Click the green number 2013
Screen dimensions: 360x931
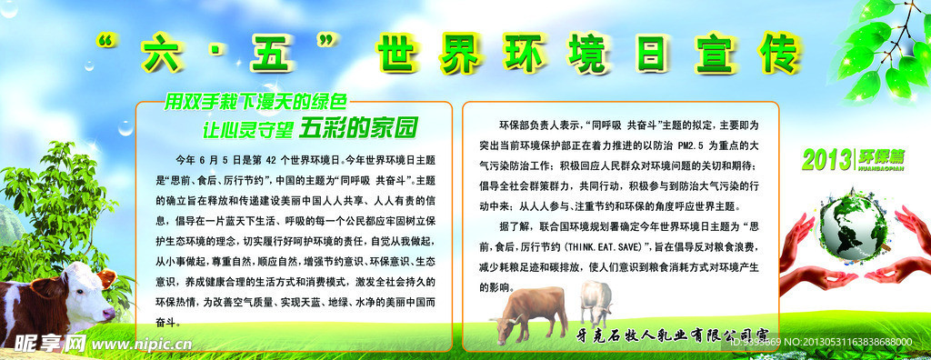(826, 158)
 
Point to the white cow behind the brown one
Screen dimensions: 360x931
(596, 301)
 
